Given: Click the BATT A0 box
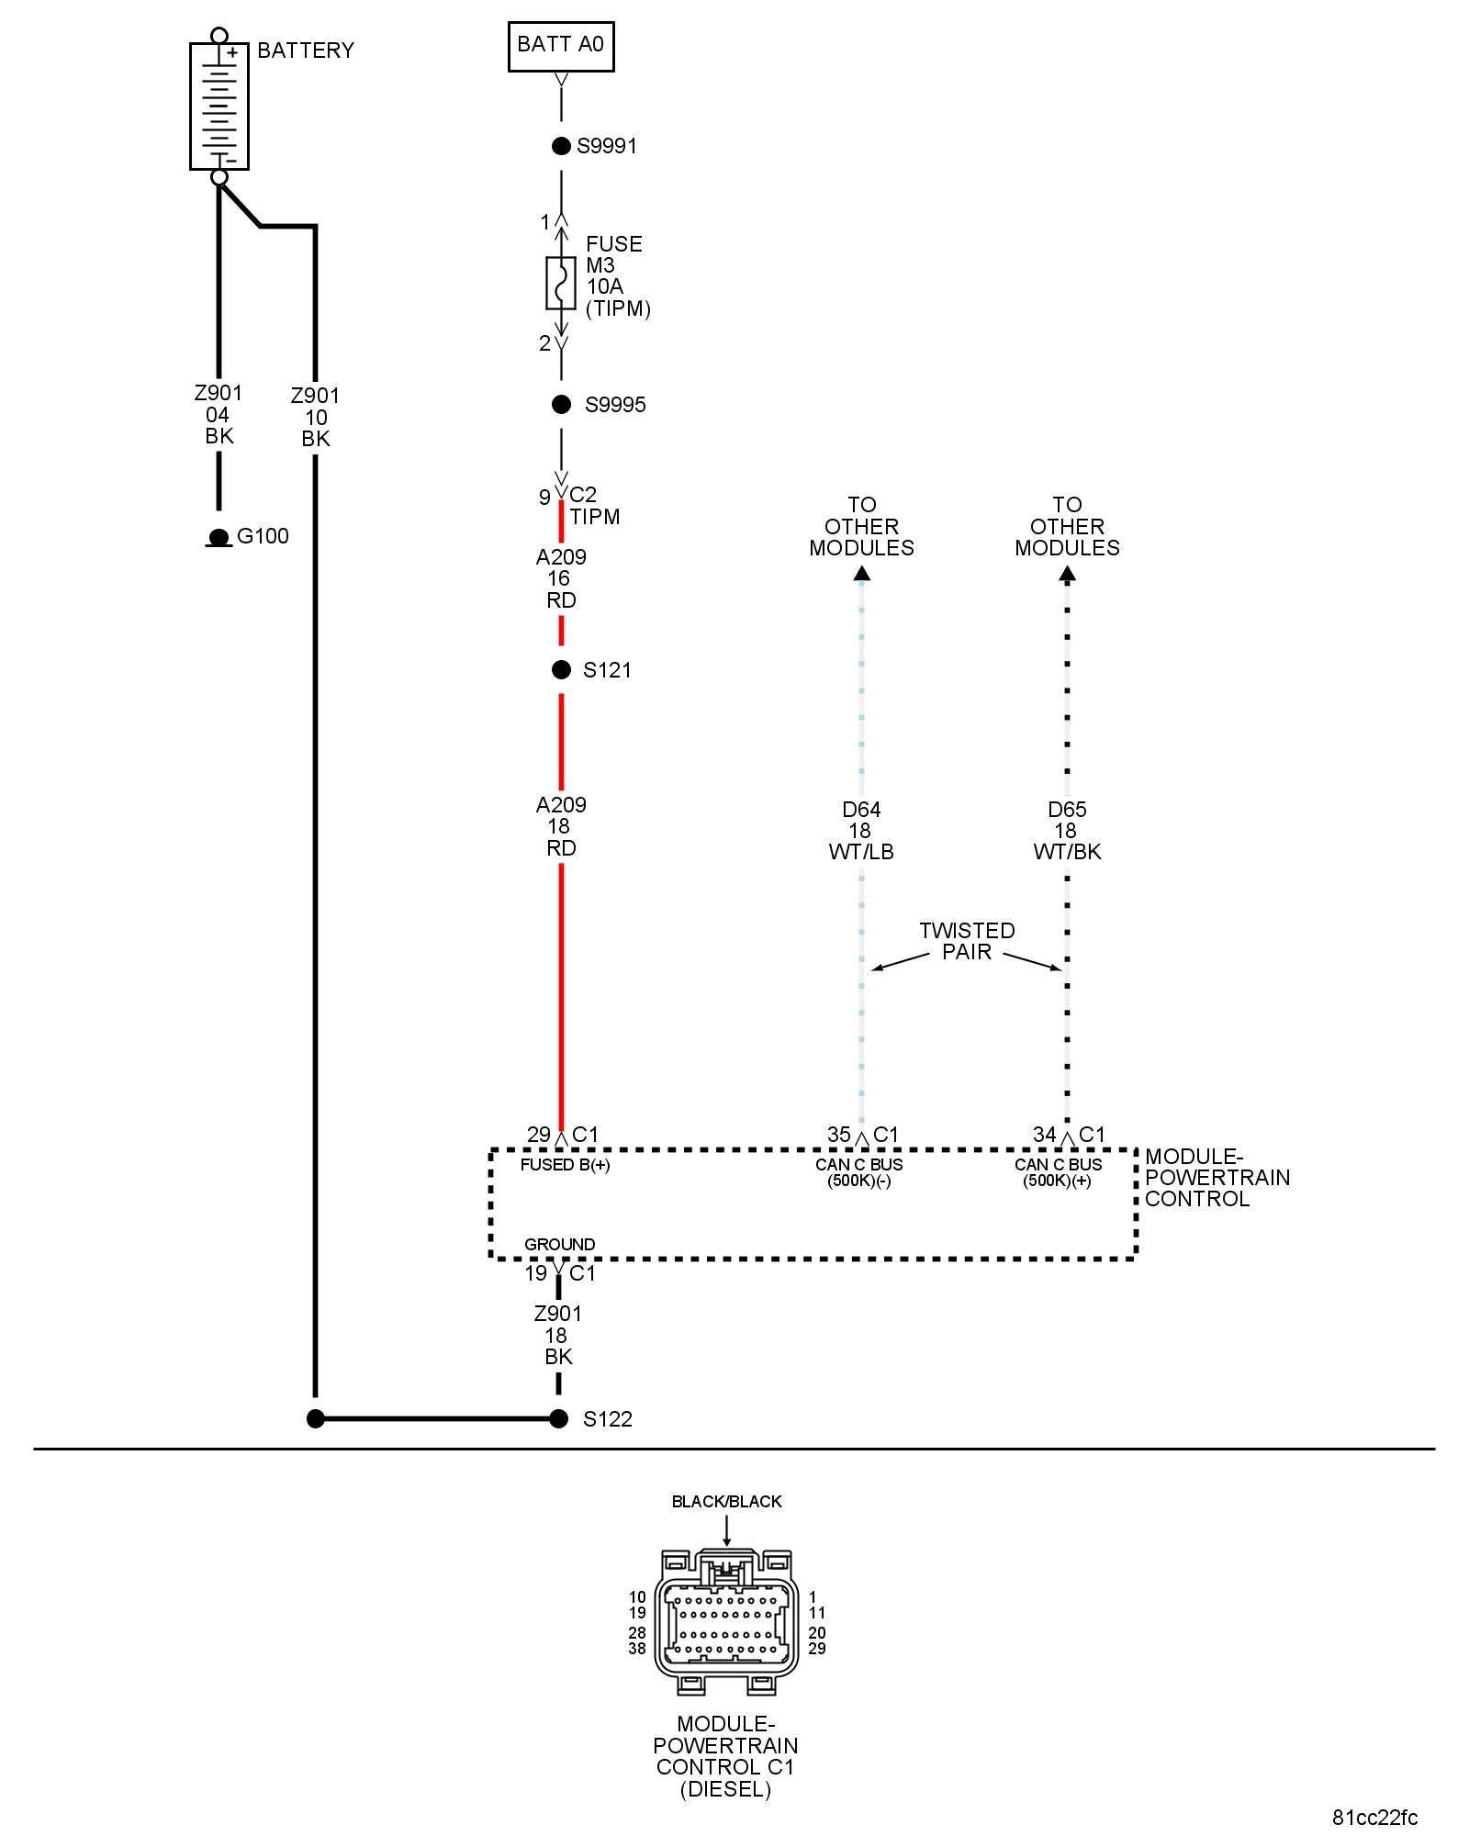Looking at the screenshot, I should (561, 46).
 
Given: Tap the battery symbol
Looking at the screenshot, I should (219, 106).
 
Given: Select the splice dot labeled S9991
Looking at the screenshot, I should (561, 146).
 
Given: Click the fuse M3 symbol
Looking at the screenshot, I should (561, 283).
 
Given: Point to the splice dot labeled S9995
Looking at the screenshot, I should (561, 405).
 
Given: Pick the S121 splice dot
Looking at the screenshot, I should (561, 670).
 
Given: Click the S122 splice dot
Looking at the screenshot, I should (558, 1418).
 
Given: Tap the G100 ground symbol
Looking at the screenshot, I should (219, 538).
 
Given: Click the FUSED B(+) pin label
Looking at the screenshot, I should (565, 1165).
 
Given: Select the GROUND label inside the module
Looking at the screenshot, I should (559, 1244).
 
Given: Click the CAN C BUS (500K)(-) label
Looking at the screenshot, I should (858, 1172).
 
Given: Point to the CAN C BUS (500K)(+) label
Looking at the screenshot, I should (1058, 1172).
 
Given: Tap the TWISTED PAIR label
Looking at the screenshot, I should (967, 941).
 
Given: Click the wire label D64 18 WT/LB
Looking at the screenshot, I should (860, 831).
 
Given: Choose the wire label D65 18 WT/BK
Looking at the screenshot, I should (1067, 831).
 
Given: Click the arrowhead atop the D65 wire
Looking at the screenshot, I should (1067, 575).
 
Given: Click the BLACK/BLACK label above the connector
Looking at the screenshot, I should (726, 1502).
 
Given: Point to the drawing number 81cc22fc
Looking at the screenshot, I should (1374, 1818).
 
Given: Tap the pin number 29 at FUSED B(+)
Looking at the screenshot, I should (538, 1135).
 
